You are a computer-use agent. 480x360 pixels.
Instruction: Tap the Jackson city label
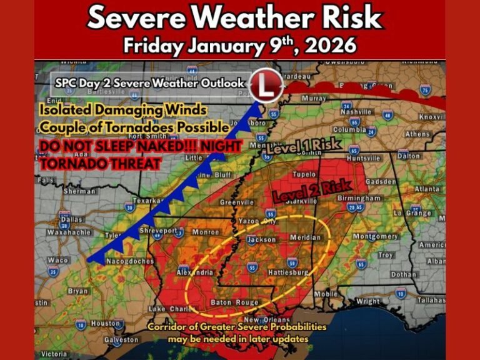click(261, 239)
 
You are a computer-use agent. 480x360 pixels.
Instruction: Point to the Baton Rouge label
click(234, 302)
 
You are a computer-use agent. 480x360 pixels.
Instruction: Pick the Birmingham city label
click(359, 198)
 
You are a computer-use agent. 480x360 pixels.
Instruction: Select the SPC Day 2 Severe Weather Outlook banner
click(149, 83)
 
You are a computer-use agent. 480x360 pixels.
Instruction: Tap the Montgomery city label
click(375, 237)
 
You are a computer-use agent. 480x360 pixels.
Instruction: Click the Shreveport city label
click(161, 231)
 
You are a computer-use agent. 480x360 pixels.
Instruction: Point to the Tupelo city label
click(304, 174)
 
